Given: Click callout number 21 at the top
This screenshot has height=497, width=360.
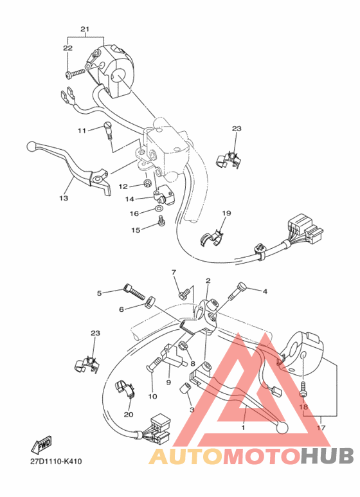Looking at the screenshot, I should (84, 30).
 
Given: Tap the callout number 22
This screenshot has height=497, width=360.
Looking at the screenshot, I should (67, 48).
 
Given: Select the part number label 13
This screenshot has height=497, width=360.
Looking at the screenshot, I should (63, 199).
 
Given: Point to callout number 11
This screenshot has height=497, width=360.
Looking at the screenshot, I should (82, 131).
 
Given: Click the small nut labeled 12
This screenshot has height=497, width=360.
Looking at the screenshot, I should (147, 186).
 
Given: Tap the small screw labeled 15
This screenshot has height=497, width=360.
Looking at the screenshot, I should (161, 222).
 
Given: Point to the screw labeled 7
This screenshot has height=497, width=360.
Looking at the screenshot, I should (184, 293).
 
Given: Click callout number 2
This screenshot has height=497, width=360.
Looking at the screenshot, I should (208, 281).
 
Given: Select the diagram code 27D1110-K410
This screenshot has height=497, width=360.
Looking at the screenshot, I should (55, 461).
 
